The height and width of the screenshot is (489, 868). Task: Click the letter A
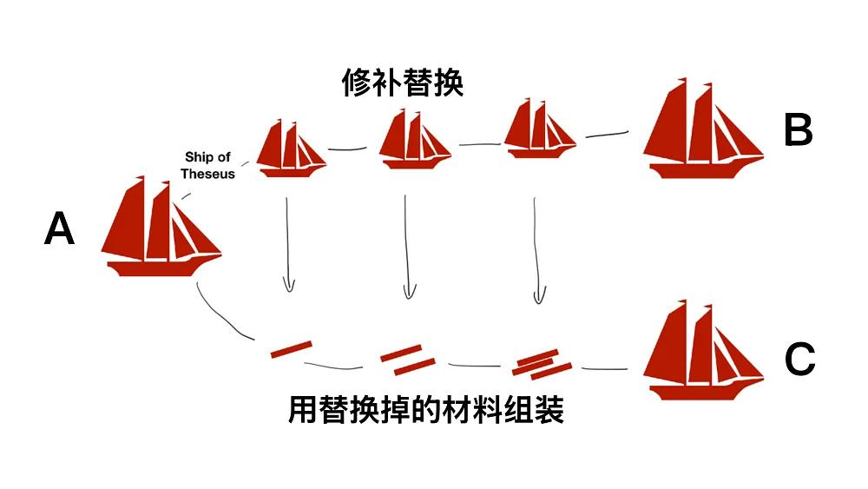(59, 228)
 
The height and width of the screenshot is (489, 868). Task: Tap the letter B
(799, 130)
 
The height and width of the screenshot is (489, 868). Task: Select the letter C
(800, 359)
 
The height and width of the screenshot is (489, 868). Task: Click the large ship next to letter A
(161, 226)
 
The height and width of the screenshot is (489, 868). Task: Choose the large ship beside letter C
(703, 350)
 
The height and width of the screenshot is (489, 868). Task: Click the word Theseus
(207, 174)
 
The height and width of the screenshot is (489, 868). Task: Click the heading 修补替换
(403, 83)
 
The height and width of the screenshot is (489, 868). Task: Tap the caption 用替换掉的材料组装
(425, 410)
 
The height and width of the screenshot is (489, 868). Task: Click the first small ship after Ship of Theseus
(291, 149)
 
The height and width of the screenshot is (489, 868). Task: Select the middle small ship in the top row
(415, 139)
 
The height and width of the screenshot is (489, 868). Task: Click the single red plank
(291, 349)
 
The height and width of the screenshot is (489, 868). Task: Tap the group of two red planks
(408, 360)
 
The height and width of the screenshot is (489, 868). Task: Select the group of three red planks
(542, 365)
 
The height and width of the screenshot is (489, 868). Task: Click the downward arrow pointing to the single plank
(288, 244)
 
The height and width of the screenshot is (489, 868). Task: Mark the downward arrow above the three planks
(537, 250)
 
